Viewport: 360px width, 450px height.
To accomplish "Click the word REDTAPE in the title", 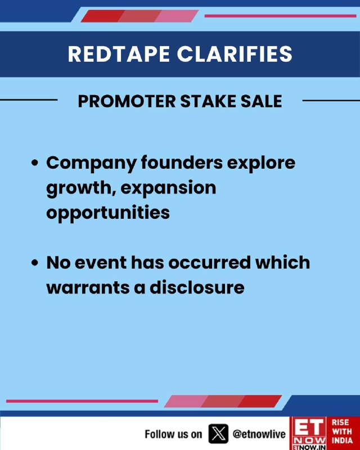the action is point(119,53).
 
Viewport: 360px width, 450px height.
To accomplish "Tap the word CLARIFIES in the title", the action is point(235,53).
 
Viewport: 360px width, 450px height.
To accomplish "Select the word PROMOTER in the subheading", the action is point(127,101).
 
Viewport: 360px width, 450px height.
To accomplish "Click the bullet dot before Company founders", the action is point(35,163).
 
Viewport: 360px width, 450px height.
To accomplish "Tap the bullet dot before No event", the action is point(35,263).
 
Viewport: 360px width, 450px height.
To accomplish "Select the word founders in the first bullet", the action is point(182,163).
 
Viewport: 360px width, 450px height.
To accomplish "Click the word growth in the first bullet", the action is point(81,188).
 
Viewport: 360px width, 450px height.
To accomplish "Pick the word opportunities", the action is point(108,213).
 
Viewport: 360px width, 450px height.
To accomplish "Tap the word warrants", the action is point(88,287).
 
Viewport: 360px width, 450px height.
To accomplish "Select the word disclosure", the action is point(197,287).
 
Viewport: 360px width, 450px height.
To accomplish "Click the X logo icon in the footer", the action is point(218,434).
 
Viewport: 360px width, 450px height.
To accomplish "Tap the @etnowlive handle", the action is point(259,434).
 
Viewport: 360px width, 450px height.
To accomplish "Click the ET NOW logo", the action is point(309,433).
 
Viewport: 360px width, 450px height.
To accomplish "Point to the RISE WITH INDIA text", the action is point(342,431).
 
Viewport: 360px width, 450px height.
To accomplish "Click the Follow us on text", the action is point(173,434).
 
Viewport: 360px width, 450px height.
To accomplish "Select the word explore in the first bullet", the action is point(261,163).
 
